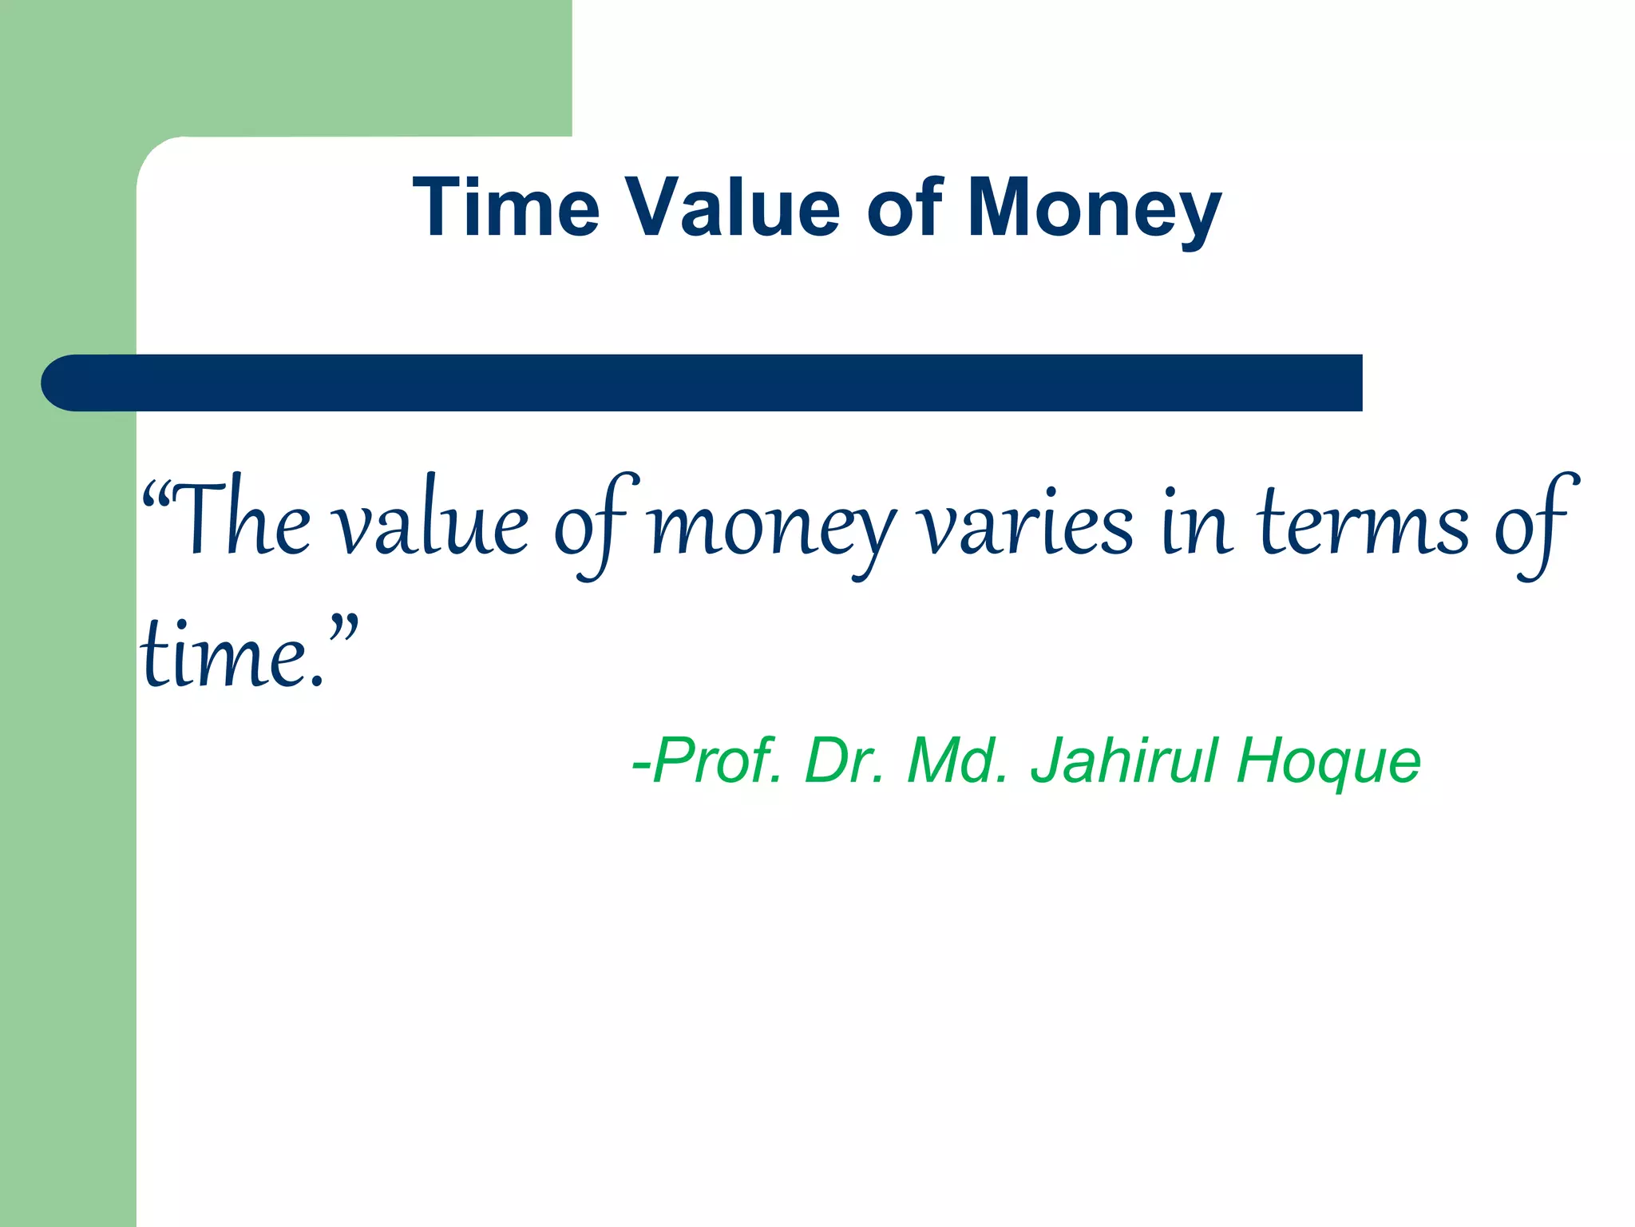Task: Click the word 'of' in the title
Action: click(905, 208)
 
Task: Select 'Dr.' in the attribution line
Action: click(845, 760)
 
